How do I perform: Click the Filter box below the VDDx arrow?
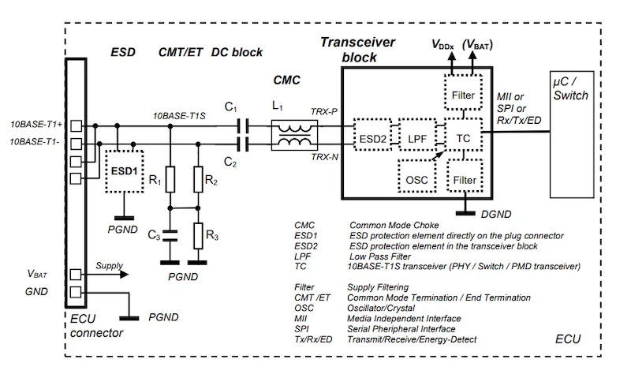465,95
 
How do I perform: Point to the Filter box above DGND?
465,179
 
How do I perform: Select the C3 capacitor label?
153,236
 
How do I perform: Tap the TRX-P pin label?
323,113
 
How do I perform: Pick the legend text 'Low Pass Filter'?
380,256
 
